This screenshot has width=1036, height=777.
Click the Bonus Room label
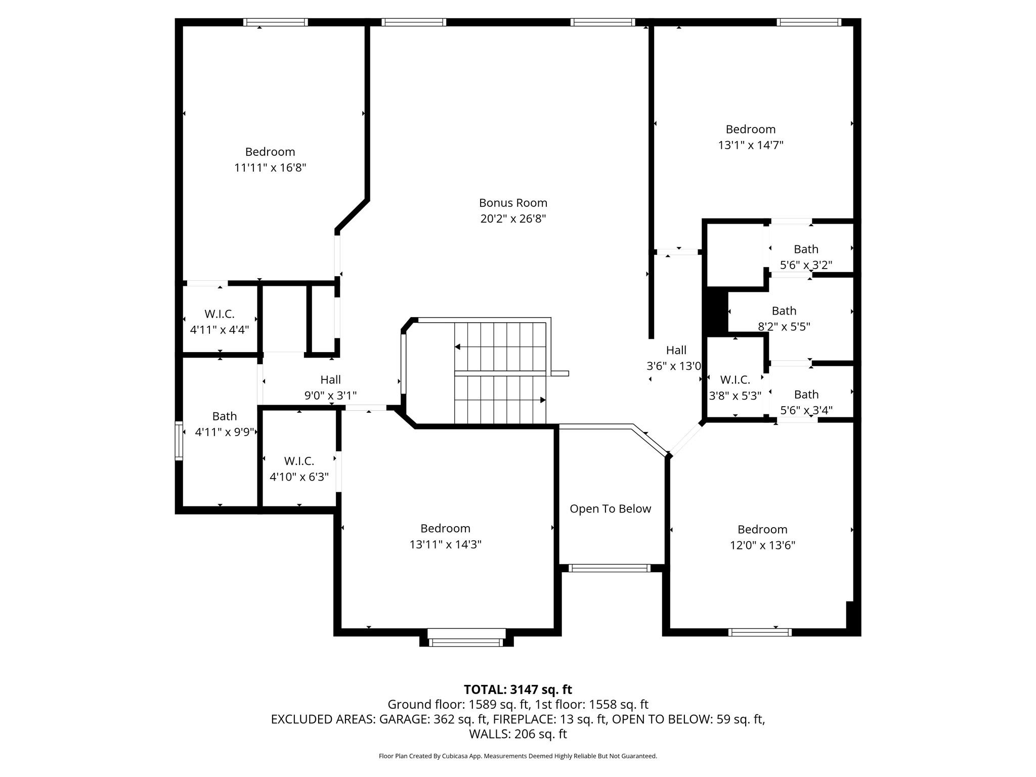pyautogui.click(x=513, y=203)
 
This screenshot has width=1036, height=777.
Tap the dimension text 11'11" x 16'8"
pyautogui.click(x=270, y=167)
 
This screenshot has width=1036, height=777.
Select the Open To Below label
pyautogui.click(x=610, y=509)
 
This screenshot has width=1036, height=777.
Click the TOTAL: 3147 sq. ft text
pyautogui.click(x=517, y=689)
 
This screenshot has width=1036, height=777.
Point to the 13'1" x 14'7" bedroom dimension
pyautogui.click(x=750, y=145)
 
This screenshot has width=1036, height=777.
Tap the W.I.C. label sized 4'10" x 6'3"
pyautogui.click(x=299, y=461)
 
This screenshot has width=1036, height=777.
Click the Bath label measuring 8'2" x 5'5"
pyautogui.click(x=784, y=311)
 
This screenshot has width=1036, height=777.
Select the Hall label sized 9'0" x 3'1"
pyautogui.click(x=330, y=379)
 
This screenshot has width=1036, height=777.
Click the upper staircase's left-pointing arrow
pyautogui.click(x=458, y=347)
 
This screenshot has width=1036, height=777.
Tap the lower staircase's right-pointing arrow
pyautogui.click(x=542, y=400)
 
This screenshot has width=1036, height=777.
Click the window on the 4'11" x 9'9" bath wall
pyautogui.click(x=179, y=441)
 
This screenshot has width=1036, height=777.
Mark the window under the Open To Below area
pyautogui.click(x=609, y=568)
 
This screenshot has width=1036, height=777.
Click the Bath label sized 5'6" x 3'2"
pyautogui.click(x=805, y=249)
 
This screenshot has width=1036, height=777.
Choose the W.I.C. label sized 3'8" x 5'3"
pyautogui.click(x=735, y=379)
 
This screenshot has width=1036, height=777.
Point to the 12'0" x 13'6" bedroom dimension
pyautogui.click(x=762, y=545)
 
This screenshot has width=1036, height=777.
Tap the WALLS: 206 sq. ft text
pyautogui.click(x=517, y=734)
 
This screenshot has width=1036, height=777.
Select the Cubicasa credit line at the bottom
pyautogui.click(x=517, y=756)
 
